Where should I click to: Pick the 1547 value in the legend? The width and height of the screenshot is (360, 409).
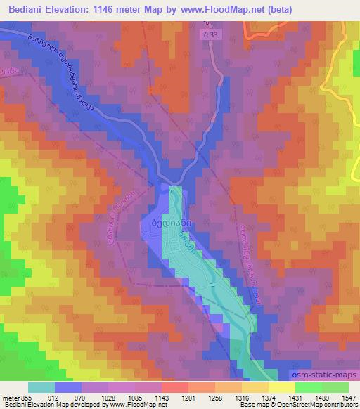coord(348,398)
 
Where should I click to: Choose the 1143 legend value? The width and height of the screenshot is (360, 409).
coord(161,398)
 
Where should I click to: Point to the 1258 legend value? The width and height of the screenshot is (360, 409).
coord(216,398)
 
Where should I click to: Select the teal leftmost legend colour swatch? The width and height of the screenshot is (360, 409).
coord(41,388)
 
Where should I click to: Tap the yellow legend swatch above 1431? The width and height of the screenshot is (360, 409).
coord(282,388)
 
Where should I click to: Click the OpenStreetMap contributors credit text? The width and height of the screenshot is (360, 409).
coord(320,405)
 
